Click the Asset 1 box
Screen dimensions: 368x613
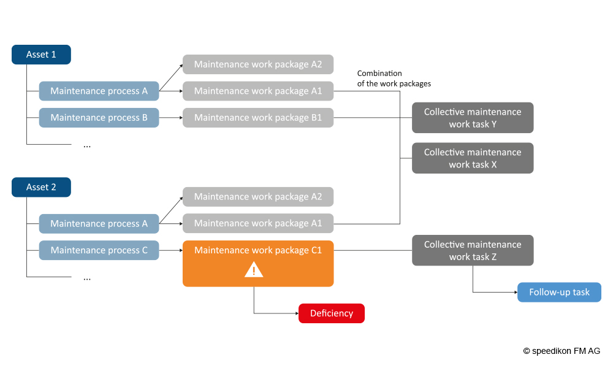(x=41, y=55)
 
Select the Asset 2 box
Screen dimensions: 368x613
(x=41, y=187)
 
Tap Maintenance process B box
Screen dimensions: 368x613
(x=99, y=118)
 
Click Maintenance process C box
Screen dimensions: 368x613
(x=99, y=250)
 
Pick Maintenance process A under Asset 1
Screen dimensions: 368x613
(x=99, y=91)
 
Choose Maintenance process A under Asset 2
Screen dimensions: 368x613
(x=99, y=223)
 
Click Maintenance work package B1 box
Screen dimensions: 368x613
(x=258, y=118)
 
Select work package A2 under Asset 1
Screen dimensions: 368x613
(x=258, y=64)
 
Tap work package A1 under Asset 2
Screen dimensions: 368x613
(x=258, y=223)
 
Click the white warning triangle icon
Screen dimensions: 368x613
(x=254, y=269)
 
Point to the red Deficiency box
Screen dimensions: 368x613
(x=332, y=313)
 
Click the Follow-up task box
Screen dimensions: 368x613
(x=559, y=292)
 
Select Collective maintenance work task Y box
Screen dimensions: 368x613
(x=473, y=118)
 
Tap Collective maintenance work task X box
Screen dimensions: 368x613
(x=473, y=158)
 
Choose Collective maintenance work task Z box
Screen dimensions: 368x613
(x=473, y=250)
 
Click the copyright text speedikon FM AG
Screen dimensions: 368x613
(x=562, y=351)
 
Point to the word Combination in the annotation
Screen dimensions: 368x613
(x=379, y=74)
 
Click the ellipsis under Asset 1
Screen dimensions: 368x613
(x=87, y=145)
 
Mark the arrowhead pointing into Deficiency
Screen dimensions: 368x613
(x=296, y=313)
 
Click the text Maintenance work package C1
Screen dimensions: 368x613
(x=258, y=250)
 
